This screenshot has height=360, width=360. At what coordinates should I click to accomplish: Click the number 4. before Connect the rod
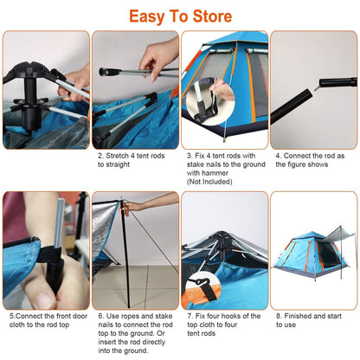[x=278, y=157]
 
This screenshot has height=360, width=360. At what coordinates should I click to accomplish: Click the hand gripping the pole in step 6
[x=131, y=207]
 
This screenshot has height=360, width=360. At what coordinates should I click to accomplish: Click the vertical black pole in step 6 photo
[x=125, y=251]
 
